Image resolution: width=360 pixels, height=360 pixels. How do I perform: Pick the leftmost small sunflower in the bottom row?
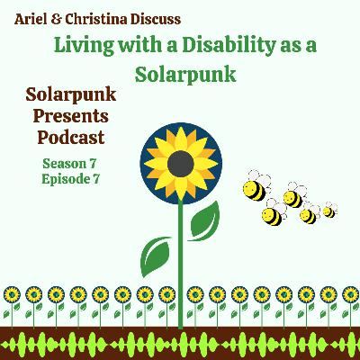click(x=12, y=294)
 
